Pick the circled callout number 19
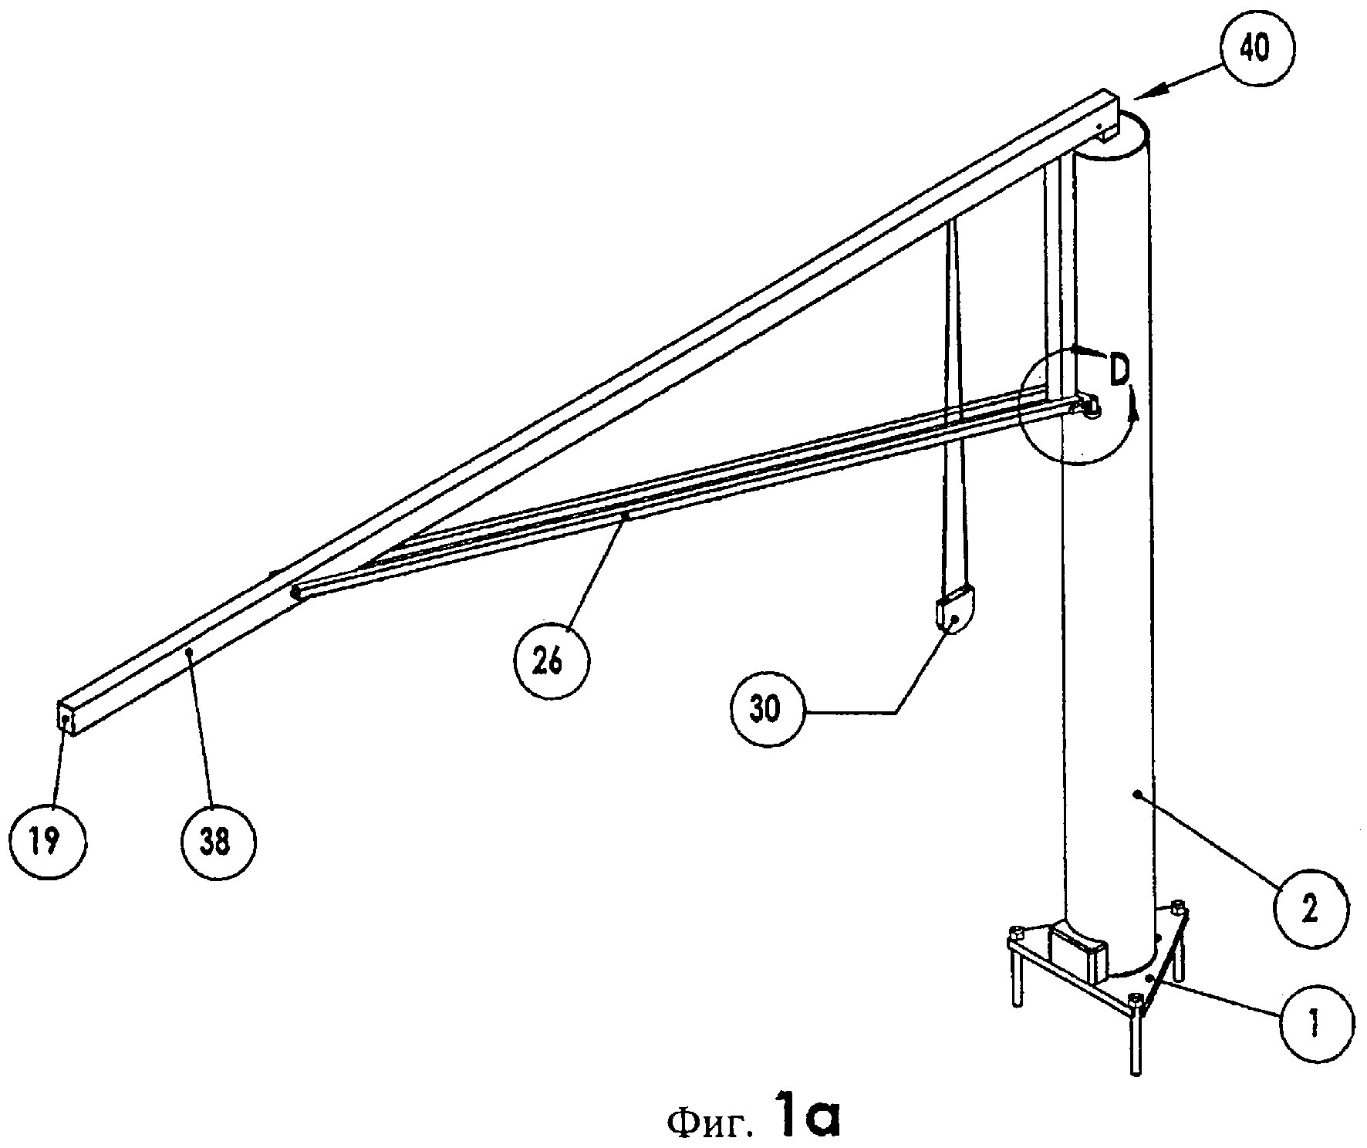tap(49, 840)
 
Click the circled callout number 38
tap(218, 840)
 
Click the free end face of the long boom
tap(66, 718)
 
